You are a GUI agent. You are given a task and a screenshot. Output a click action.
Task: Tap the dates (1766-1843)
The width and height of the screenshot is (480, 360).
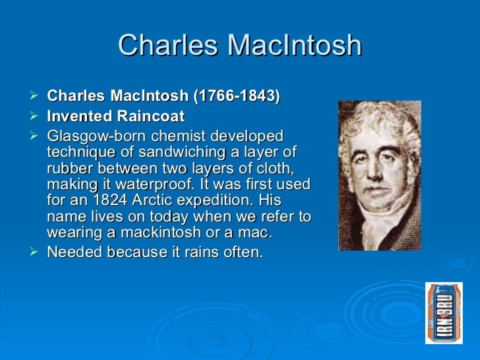[x=235, y=97]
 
